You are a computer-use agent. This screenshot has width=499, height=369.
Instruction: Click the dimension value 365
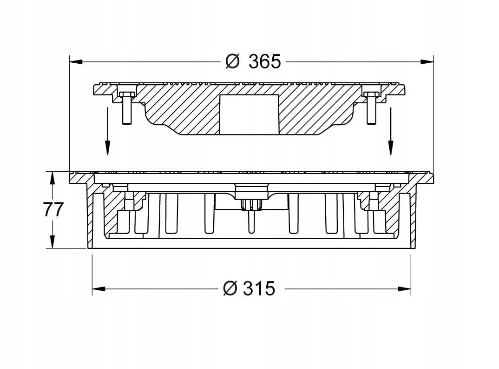point(265,61)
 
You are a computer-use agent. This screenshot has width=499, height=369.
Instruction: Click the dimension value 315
point(259,288)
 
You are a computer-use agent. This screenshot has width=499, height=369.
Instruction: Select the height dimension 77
point(53,209)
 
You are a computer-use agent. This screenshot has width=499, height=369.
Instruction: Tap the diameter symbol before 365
point(232,61)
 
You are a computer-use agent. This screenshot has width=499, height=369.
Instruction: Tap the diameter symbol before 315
point(230,288)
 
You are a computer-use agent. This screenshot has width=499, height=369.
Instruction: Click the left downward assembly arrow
point(108,131)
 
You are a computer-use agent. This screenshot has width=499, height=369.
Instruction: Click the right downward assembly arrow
point(390,131)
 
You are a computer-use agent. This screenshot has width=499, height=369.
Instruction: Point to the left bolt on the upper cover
point(127,107)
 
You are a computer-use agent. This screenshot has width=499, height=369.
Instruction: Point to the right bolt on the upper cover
point(371,107)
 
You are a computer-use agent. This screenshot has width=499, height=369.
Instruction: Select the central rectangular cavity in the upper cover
point(249,114)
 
